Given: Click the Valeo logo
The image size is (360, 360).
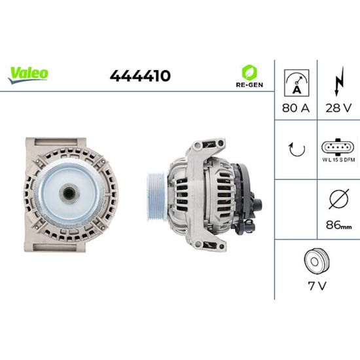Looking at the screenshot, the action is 28,75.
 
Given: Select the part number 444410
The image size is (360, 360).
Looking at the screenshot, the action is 140,76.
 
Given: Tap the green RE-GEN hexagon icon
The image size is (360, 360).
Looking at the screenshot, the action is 249,72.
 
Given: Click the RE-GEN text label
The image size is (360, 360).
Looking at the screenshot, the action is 249,84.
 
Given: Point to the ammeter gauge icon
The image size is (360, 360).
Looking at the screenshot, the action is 297,83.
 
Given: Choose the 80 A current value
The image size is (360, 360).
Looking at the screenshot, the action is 296,108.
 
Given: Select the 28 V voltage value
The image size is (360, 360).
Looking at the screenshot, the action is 338,108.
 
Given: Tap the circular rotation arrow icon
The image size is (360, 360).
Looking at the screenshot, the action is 297,149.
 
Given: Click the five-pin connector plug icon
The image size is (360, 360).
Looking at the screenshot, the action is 338,147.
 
